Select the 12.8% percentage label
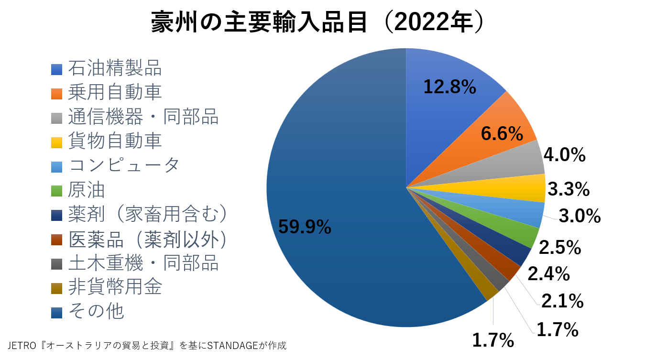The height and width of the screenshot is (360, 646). (449, 87)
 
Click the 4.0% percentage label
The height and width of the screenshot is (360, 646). (565, 155)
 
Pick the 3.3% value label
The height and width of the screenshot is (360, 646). (569, 190)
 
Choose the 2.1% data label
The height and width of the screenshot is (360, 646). (562, 301)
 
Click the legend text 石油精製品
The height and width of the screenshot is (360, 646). (115, 68)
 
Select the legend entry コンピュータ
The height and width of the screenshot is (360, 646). (124, 165)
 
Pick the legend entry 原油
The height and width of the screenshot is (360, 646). (87, 190)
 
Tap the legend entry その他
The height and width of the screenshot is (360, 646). (96, 311)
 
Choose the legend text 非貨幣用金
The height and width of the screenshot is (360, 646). (115, 287)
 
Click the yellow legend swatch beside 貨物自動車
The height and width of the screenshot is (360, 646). (57, 142)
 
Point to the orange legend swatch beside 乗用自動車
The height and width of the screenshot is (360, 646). (57, 93)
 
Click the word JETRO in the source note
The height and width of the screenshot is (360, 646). (22, 346)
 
